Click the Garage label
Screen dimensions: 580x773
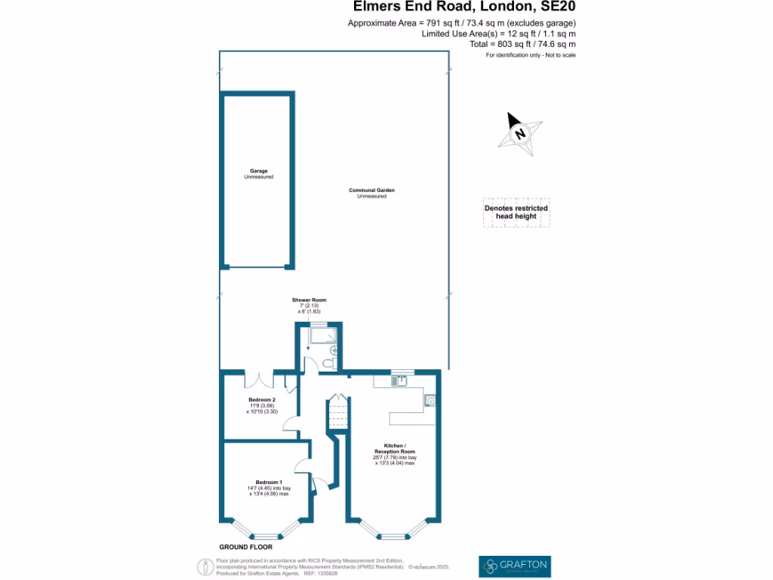tap(259, 171)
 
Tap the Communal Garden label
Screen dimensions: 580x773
tap(371, 190)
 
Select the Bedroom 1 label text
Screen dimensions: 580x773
tap(269, 482)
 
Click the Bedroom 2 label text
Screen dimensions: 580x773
tap(262, 400)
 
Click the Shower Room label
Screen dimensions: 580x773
tap(310, 300)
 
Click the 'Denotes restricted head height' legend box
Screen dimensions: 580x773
tap(516, 212)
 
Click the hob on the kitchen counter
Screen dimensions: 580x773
tap(430, 400)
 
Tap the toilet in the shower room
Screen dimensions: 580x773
tap(326, 365)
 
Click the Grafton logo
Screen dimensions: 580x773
tap(515, 566)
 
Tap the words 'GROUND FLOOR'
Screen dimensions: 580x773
tap(245, 547)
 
